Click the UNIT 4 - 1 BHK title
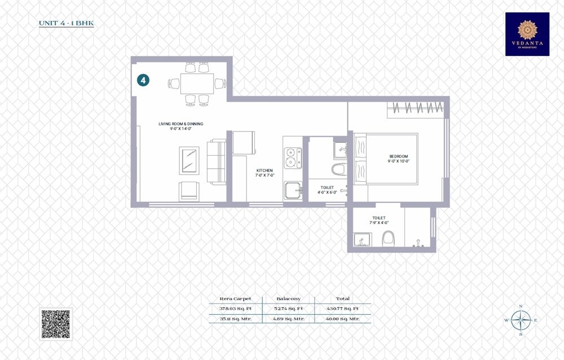[x=65, y=24]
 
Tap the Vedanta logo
[x=527, y=34]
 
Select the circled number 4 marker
[x=143, y=80]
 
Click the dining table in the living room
[x=197, y=84]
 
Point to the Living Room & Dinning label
[x=180, y=124]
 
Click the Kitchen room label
[x=265, y=170]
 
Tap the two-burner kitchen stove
[x=292, y=158]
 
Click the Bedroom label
[x=398, y=156]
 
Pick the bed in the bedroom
[x=386, y=159]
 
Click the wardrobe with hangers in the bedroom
[x=416, y=107]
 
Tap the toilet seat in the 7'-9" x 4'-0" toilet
[x=387, y=240]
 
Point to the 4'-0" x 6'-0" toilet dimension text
[x=327, y=192]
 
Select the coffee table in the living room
[x=189, y=161]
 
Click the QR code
[x=56, y=324]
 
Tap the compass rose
[x=520, y=320]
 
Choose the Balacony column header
[x=288, y=298]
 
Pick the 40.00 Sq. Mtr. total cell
[x=342, y=319]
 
